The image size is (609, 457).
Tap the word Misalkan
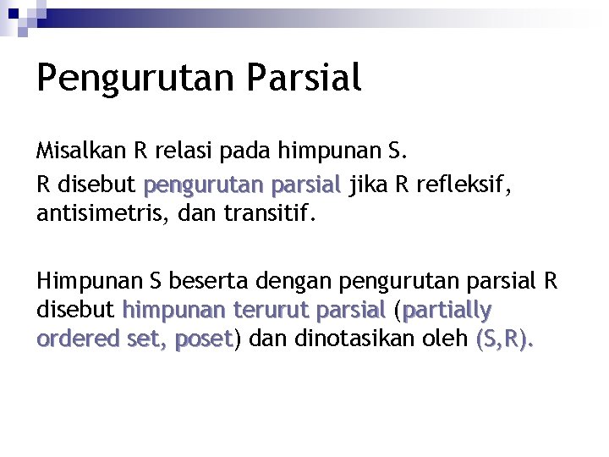80,151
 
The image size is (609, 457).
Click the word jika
365,184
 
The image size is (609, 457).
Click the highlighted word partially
447,311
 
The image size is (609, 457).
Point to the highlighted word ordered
71,339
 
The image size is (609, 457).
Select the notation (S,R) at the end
504,339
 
